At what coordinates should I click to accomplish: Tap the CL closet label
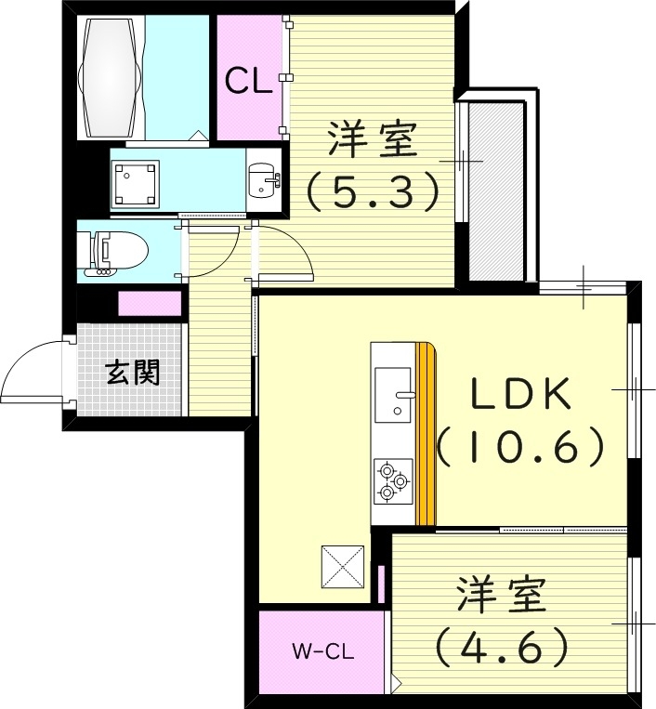point(249,82)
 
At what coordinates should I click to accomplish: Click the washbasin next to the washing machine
point(264,179)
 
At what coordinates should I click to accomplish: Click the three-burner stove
point(391,481)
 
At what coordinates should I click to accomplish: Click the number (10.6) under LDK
point(521,449)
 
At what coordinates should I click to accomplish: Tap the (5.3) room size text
point(372,191)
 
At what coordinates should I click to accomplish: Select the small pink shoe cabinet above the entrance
point(151,304)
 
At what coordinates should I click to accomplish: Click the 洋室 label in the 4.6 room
point(501,595)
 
